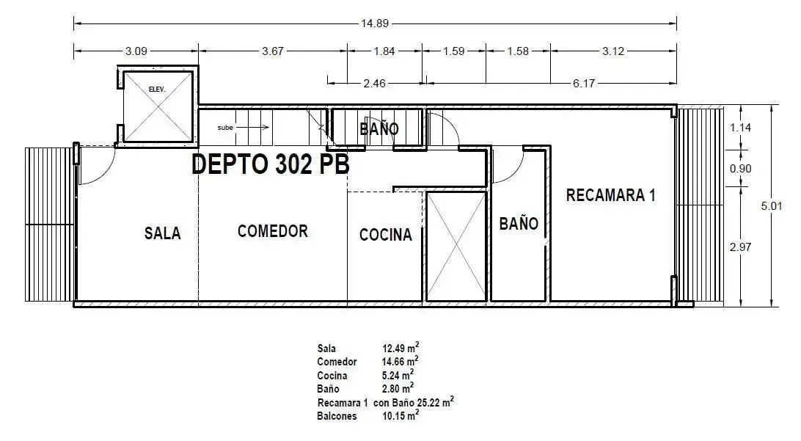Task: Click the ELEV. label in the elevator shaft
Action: click(x=157, y=90)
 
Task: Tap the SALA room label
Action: click(x=162, y=233)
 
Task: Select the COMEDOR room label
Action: click(x=273, y=231)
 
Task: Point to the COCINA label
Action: click(x=386, y=235)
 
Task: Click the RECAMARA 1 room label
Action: click(x=610, y=194)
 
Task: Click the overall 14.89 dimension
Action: click(x=375, y=23)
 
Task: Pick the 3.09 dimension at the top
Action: click(x=136, y=51)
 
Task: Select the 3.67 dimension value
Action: click(x=273, y=51)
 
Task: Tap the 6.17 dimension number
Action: click(x=583, y=84)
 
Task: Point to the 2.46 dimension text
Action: click(x=374, y=84)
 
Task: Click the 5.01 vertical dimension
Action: click(x=772, y=206)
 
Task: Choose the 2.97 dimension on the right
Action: click(x=740, y=247)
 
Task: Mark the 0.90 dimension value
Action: click(x=740, y=169)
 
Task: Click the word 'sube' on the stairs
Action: click(x=225, y=128)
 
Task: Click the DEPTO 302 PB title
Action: click(x=271, y=164)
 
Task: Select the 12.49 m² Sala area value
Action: click(x=401, y=348)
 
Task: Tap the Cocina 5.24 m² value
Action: click(x=398, y=375)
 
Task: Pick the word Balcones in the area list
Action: click(x=337, y=416)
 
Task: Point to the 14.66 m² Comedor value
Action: click(x=401, y=361)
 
